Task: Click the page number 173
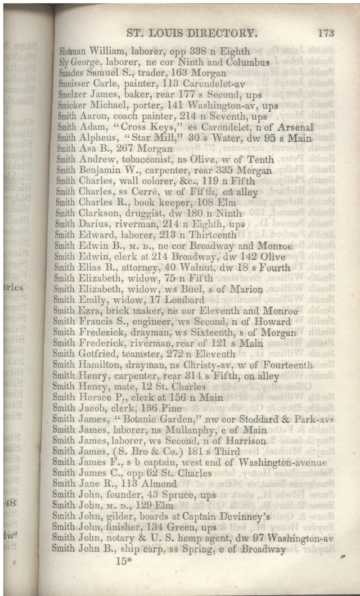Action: [x=326, y=33]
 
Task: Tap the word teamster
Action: [x=127, y=354]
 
